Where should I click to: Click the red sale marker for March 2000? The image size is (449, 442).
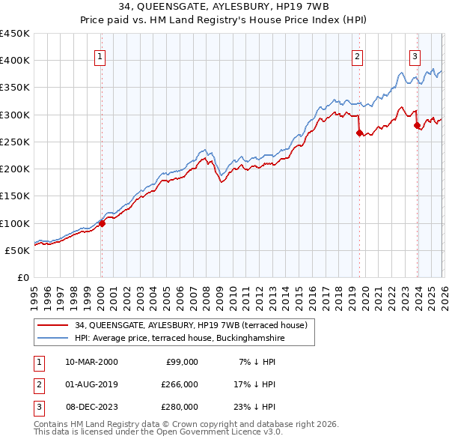click(103, 222)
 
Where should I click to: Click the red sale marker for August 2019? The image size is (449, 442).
click(359, 133)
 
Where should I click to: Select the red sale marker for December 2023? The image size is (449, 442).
click(417, 126)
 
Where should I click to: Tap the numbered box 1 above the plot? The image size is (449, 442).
click(100, 55)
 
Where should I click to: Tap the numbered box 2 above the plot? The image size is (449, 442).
click(358, 55)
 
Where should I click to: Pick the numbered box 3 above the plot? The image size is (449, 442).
click(415, 55)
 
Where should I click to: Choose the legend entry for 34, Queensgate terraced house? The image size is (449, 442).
click(191, 325)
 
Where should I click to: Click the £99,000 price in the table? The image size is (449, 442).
click(181, 362)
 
